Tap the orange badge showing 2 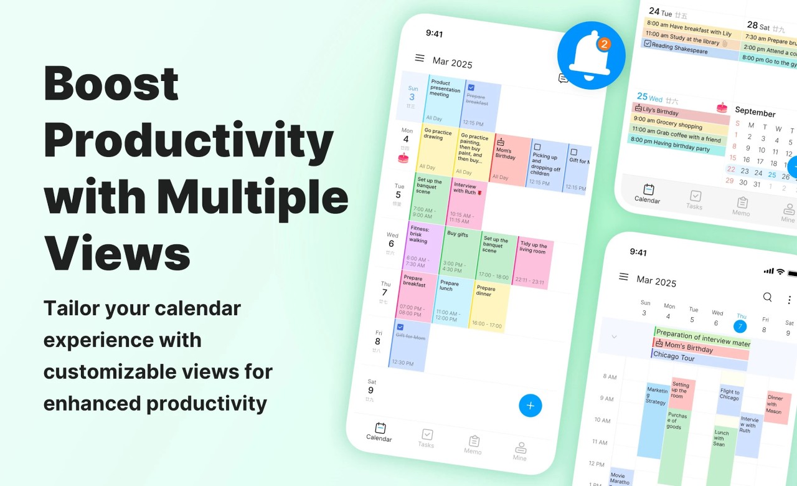click(603, 44)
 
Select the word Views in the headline click(117, 254)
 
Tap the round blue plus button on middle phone click(531, 406)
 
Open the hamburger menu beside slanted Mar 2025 click(420, 58)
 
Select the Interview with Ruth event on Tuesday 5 click(466, 203)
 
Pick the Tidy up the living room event click(532, 262)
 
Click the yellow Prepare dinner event click(489, 305)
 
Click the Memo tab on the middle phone click(473, 444)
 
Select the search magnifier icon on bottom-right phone click(768, 297)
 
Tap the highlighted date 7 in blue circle click(740, 326)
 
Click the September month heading click(755, 112)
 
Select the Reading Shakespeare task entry click(682, 49)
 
